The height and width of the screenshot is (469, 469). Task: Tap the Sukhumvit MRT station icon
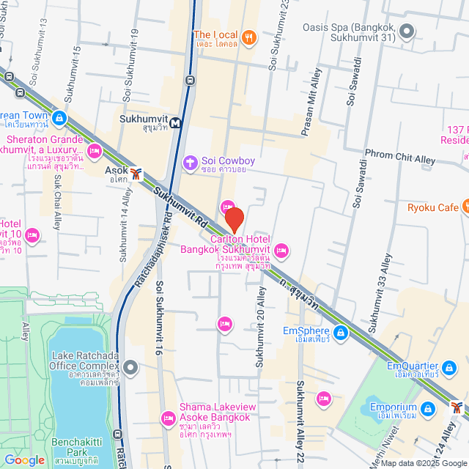pos(176,123)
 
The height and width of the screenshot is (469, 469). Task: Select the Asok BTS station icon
pos(136,174)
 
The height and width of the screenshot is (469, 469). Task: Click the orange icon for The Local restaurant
pos(249,37)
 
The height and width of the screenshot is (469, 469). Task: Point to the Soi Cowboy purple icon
pos(191,161)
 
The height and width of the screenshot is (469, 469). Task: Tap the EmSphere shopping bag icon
pos(339,334)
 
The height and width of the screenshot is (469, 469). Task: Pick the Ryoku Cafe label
pos(432,207)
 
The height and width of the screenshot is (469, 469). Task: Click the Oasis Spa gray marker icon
pos(408,32)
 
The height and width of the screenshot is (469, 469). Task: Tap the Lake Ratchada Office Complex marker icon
pos(130,366)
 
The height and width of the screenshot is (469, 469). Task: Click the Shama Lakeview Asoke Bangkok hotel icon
pos(168,418)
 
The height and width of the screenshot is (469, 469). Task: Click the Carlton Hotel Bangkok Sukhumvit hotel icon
pos(282,252)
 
